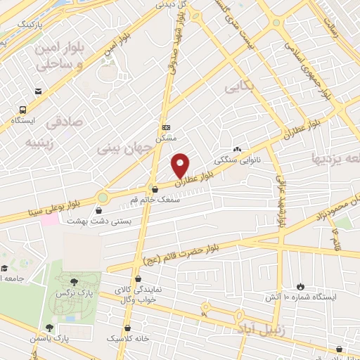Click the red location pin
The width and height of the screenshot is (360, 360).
click(181, 165)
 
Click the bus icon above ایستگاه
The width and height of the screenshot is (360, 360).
click(23, 110)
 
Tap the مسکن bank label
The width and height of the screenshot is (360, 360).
click(166, 139)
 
